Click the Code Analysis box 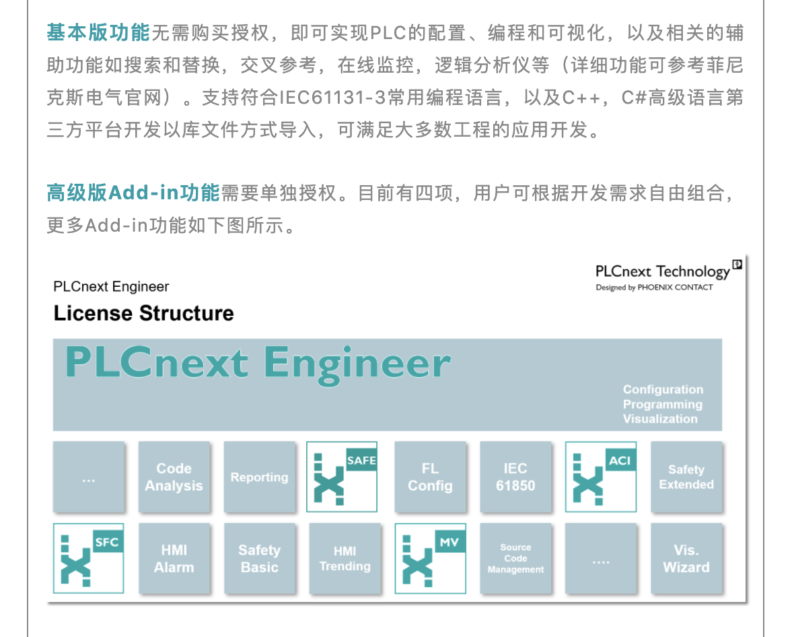point(174,477)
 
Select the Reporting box point(260,477)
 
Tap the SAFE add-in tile point(342,477)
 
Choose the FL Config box point(430,477)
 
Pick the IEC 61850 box point(515,477)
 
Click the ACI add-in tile point(601,477)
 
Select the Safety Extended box point(686,477)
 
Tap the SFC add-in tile point(89,559)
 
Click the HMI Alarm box point(174,559)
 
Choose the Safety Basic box point(260,559)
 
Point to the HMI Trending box point(345,559)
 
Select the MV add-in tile point(430,559)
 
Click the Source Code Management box point(515,559)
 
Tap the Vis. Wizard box point(686,559)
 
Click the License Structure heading point(143,313)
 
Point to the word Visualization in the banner point(660,419)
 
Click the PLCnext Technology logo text point(662,271)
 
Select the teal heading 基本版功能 point(98,32)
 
